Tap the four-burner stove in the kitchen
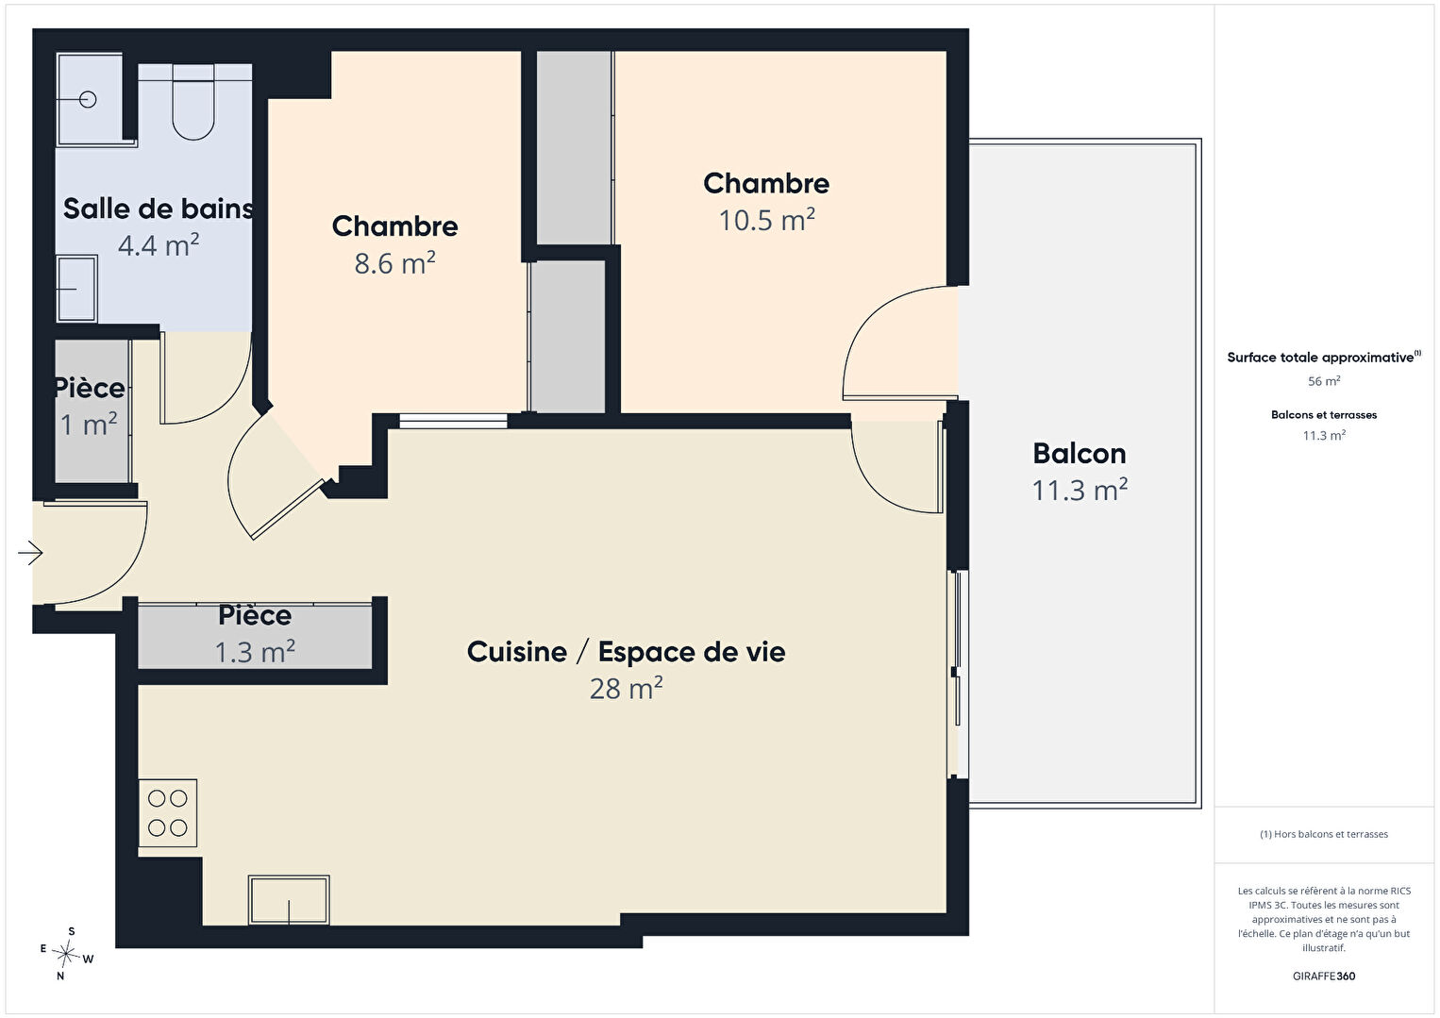click(168, 813)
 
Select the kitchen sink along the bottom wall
click(289, 900)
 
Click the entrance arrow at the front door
click(30, 553)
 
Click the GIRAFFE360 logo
click(1324, 976)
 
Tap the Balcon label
click(1080, 454)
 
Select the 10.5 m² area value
click(766, 220)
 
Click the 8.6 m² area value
click(394, 263)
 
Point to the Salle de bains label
click(159, 209)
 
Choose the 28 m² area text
click(627, 689)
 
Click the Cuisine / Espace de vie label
click(627, 652)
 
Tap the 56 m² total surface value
click(1324, 381)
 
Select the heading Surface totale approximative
click(1320, 358)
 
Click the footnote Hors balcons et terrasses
click(1324, 834)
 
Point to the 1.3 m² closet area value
click(255, 652)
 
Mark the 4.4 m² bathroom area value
click(159, 245)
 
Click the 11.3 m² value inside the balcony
click(1080, 490)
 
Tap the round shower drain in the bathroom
click(88, 100)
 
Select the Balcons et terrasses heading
click(1324, 415)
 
